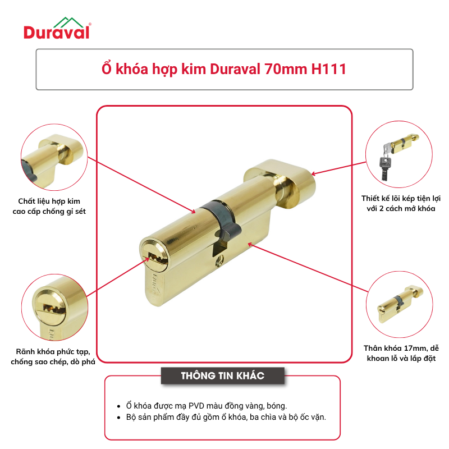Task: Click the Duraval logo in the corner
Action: pyautogui.click(x=57, y=29)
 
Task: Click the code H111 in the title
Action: pyautogui.click(x=329, y=69)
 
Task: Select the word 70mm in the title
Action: pyautogui.click(x=285, y=69)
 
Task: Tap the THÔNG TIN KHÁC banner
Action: pyautogui.click(x=222, y=375)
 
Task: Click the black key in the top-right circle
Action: pyautogui.click(x=384, y=167)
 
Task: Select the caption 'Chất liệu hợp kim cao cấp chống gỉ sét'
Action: pyautogui.click(x=49, y=206)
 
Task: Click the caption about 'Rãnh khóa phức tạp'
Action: pyautogui.click(x=53, y=356)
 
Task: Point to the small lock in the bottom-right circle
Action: pyautogui.click(x=400, y=304)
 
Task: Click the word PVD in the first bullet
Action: pyautogui.click(x=196, y=406)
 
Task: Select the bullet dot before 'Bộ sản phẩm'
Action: pyautogui.click(x=118, y=418)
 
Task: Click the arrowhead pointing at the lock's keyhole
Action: pyautogui.click(x=147, y=259)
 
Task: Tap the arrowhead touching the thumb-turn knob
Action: pyautogui.click(x=314, y=173)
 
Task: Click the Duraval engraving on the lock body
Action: pyautogui.click(x=156, y=286)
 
